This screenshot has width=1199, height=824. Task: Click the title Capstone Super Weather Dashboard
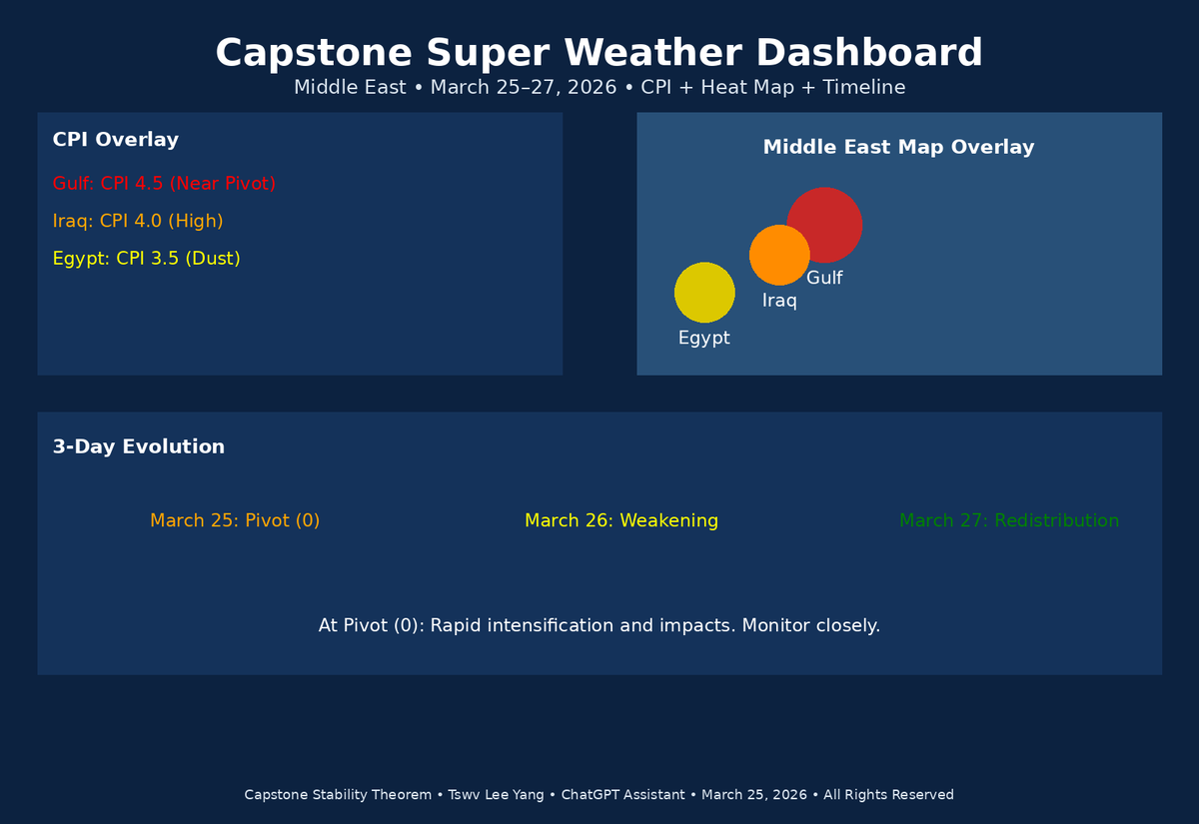pos(599,53)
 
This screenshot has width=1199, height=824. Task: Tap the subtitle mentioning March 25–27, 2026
pos(599,88)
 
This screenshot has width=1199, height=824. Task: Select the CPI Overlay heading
pos(115,140)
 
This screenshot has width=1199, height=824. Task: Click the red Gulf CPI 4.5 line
pos(164,184)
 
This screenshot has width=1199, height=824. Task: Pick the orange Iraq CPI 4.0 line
pos(137,221)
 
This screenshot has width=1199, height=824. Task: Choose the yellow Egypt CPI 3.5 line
pos(146,259)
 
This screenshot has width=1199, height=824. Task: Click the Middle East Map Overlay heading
pos(898,147)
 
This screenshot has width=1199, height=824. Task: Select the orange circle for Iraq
pos(778,255)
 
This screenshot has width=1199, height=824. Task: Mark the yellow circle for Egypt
pos(704,293)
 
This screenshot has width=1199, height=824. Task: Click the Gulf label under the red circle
pos(824,279)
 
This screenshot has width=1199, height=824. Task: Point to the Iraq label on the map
pos(779,301)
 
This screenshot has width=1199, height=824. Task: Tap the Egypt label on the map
pos(704,339)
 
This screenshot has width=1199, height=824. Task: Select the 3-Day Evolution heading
pos(138,446)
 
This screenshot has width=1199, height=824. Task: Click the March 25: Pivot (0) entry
pos(235,520)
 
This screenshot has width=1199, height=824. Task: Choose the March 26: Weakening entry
pos(621,520)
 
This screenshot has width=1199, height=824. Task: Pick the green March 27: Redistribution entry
pos(1008,520)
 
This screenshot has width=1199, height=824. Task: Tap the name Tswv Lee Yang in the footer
pos(497,795)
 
